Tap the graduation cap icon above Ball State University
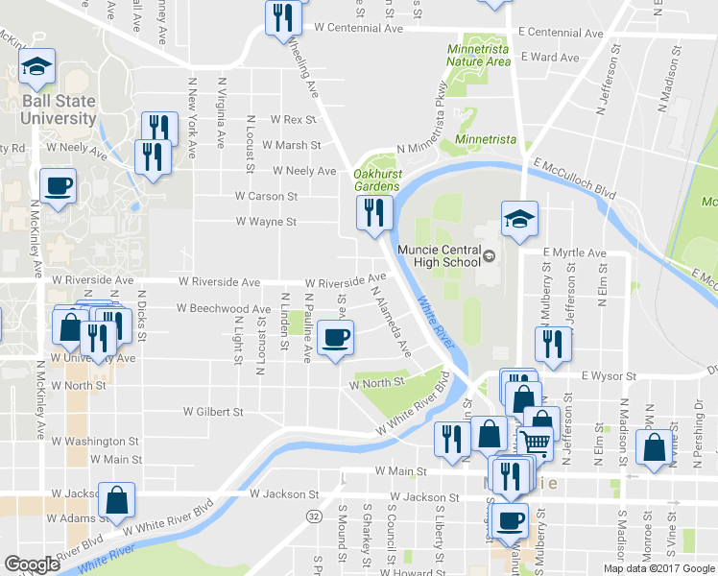point(36,67)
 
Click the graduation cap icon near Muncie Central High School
point(518,220)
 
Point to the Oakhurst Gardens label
point(377,180)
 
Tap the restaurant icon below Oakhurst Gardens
point(371,213)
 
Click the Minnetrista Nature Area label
point(478,55)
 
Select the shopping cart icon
point(536,443)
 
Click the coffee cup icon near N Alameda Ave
point(335,338)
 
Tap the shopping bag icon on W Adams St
point(116,500)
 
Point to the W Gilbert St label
point(214,412)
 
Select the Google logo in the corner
point(32,564)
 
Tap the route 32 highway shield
point(314,516)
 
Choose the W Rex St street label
point(293,120)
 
